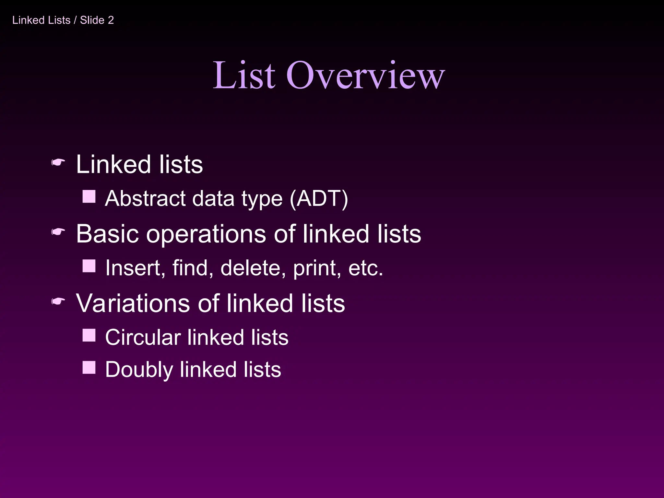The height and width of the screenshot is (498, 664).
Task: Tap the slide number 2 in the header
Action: [x=111, y=20]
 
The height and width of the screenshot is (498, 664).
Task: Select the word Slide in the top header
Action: [x=92, y=20]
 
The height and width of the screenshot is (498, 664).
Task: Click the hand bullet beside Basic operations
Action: [x=58, y=232]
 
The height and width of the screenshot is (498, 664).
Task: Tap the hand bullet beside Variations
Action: [x=58, y=302]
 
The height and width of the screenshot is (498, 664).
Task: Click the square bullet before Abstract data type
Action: [x=89, y=196]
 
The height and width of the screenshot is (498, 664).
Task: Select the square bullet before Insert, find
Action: [x=89, y=266]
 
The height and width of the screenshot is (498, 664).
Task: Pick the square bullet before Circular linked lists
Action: [x=89, y=335]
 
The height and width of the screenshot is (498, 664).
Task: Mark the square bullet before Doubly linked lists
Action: [x=89, y=368]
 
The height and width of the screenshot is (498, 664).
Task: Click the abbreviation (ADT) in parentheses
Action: [x=319, y=198]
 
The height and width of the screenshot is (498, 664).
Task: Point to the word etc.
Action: [x=365, y=268]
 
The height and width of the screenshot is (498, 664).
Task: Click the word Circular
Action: [x=143, y=337]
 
